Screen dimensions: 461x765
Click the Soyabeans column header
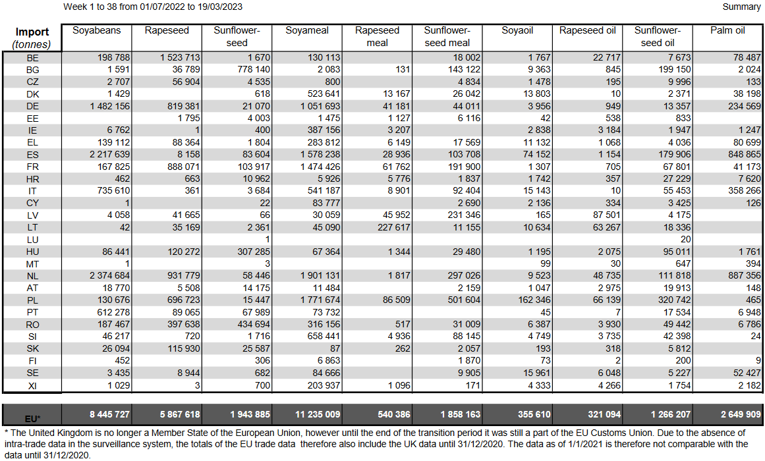pos(96,30)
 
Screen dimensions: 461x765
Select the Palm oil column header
pos(727,30)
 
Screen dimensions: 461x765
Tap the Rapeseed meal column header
pos(377,36)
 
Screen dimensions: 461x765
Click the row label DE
pos(32,106)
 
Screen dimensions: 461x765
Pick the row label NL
pos(32,275)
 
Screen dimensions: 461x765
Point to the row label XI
pos(32,385)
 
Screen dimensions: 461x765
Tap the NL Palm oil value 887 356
pos(741,275)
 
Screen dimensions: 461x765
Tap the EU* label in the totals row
pos(32,418)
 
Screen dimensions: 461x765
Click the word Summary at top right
pos(741,7)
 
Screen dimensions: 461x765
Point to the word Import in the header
pos(32,32)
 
